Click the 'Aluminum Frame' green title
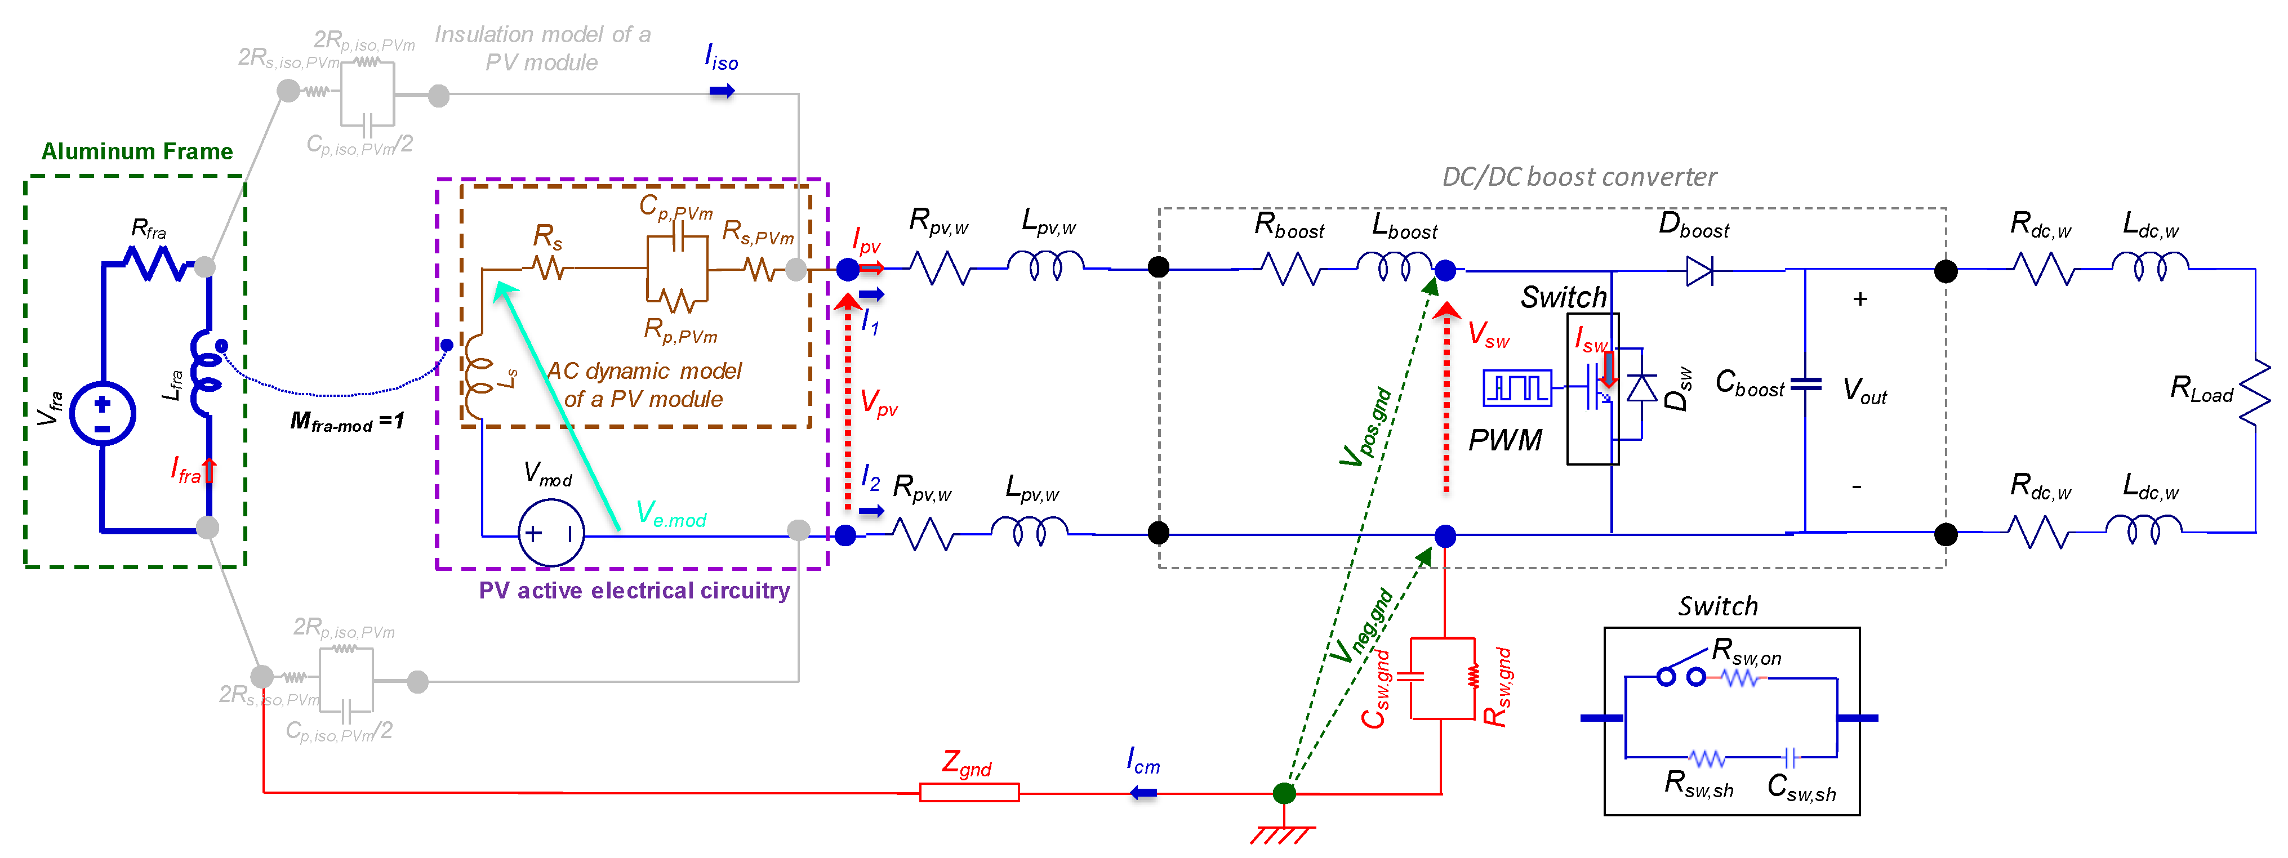click(137, 152)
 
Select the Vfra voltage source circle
click(102, 414)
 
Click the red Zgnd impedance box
click(968, 792)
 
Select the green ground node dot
click(1284, 792)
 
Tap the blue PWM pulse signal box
click(1517, 388)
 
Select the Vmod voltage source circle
click(551, 533)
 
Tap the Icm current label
click(1143, 761)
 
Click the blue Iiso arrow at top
click(721, 91)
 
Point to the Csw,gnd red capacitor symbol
click(1410, 677)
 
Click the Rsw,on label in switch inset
click(1746, 651)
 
